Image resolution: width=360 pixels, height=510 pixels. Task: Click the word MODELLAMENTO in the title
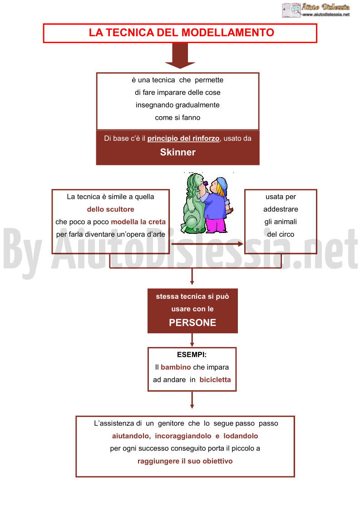pyautogui.click(x=227, y=33)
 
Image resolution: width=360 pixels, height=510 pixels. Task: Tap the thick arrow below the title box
pyautogui.click(x=180, y=55)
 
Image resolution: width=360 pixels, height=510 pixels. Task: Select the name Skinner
pyautogui.click(x=178, y=152)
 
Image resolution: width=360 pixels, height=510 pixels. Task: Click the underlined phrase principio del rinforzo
pyautogui.click(x=183, y=139)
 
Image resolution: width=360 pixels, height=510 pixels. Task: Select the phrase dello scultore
pyautogui.click(x=111, y=209)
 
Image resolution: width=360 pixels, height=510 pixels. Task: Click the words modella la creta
pyautogui.click(x=138, y=222)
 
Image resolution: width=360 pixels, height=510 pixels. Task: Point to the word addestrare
pyautogui.click(x=281, y=209)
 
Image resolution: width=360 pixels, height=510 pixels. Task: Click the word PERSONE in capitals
pyautogui.click(x=192, y=322)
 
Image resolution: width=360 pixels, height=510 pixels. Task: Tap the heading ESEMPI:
pyautogui.click(x=192, y=355)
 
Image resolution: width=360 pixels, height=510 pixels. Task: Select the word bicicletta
pyautogui.click(x=215, y=380)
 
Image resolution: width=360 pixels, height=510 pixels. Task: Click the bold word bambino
pyautogui.click(x=176, y=367)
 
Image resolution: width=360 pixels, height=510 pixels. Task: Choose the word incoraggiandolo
pyautogui.click(x=183, y=436)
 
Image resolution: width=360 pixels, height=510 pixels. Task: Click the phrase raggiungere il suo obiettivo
pyautogui.click(x=185, y=461)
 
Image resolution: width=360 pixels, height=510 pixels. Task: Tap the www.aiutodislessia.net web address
pyautogui.click(x=326, y=15)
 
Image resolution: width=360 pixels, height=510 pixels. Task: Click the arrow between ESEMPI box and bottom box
pyautogui.click(x=192, y=400)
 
